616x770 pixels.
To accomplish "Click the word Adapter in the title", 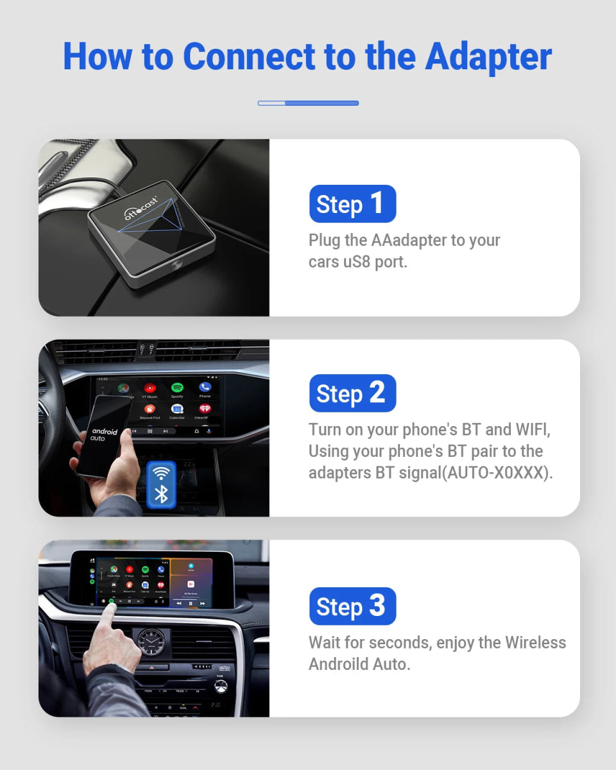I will pos(488,56).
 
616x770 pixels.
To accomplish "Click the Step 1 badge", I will pos(352,204).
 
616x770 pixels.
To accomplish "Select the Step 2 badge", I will pos(352,393).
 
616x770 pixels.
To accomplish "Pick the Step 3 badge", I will pos(352,606).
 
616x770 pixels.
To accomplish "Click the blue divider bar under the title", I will pos(308,103).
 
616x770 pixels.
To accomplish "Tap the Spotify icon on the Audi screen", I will pos(178,388).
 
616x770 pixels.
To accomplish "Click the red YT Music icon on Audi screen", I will pos(150,388).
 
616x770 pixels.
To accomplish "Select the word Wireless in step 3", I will pos(535,642).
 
